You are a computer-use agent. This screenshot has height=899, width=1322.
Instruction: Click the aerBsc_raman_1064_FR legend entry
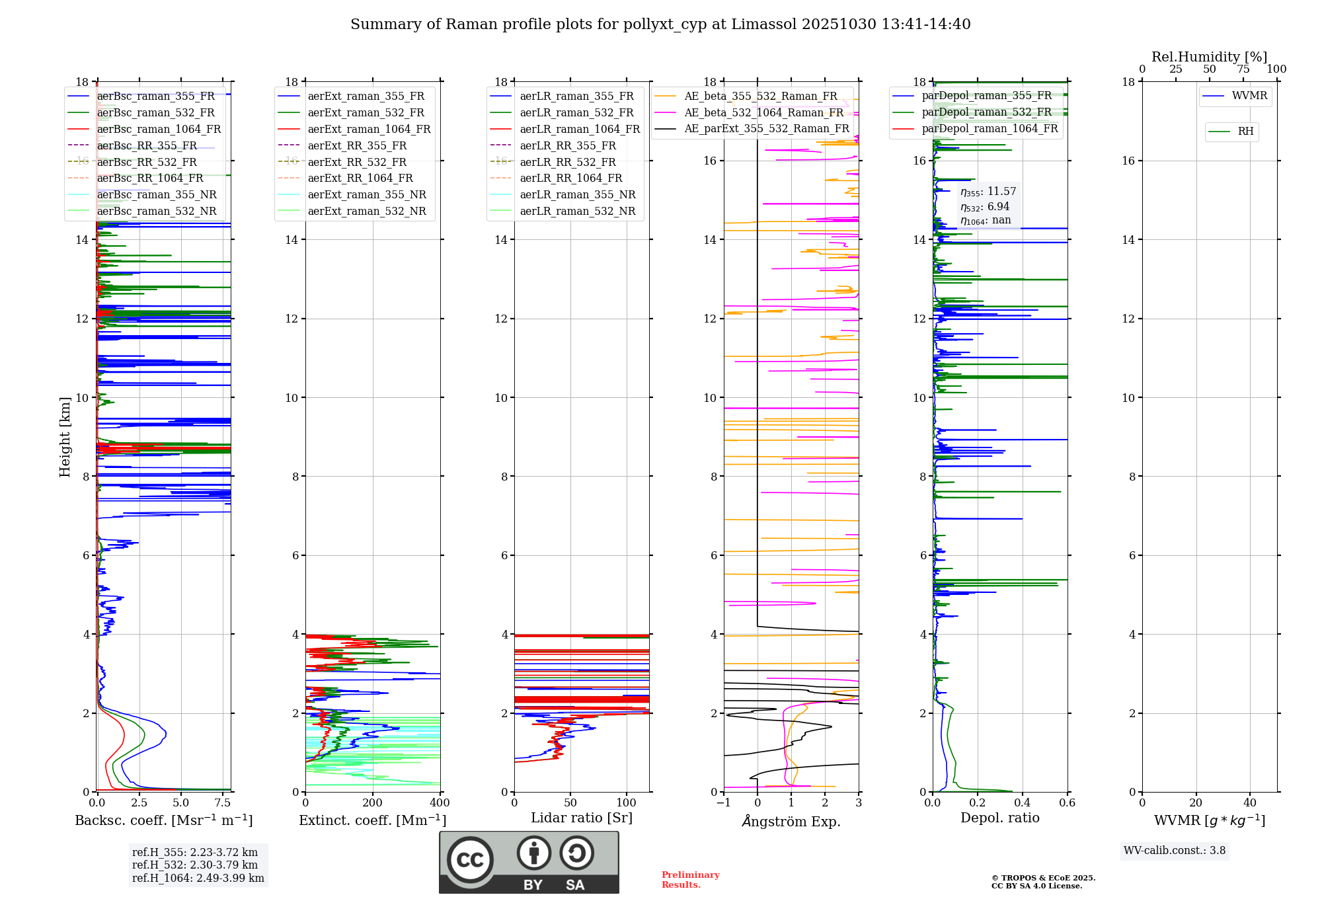(159, 130)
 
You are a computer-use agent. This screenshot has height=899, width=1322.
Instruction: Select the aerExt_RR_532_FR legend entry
(357, 162)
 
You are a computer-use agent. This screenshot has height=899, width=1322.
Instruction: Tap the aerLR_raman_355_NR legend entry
(577, 195)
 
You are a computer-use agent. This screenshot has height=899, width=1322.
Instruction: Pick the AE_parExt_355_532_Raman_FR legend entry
(766, 129)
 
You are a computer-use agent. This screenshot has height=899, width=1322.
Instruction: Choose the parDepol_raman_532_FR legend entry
(986, 112)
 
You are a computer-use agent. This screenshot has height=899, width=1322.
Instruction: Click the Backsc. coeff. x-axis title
(163, 820)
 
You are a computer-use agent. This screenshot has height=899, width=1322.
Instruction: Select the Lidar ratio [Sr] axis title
(582, 818)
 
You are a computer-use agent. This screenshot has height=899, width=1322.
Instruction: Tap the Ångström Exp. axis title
(791, 822)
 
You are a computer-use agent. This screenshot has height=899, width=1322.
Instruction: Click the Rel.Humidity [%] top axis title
(1209, 57)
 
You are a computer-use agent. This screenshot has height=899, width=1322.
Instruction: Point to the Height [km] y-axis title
(65, 437)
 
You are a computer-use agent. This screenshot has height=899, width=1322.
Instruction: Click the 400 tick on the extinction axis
(440, 803)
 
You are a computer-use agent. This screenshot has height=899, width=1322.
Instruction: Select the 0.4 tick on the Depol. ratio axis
(1023, 803)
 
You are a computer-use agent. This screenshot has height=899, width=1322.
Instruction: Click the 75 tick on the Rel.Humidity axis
(1243, 69)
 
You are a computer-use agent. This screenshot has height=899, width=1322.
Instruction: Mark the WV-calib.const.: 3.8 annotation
(1175, 851)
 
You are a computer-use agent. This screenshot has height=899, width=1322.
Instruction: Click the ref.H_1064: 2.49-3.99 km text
(198, 879)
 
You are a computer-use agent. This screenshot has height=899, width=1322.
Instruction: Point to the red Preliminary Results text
(690, 880)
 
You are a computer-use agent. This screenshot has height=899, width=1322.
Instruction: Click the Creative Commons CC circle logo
(470, 860)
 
